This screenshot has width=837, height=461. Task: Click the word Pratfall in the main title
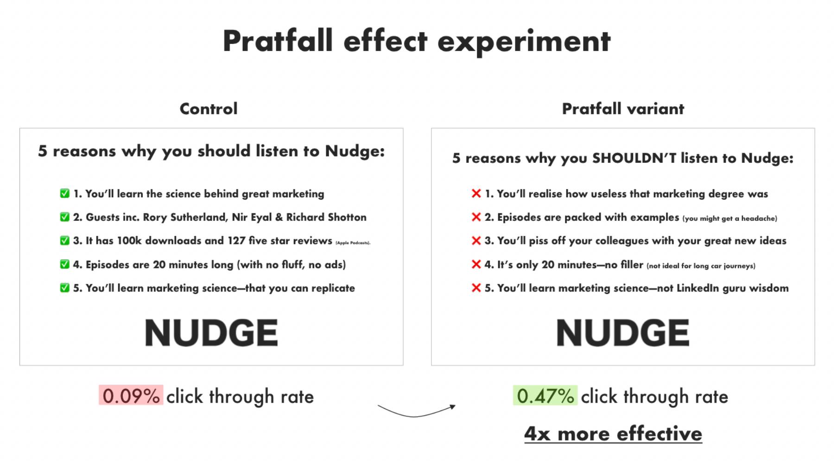pyautogui.click(x=278, y=41)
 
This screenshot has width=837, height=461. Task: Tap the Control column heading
pyautogui.click(x=209, y=109)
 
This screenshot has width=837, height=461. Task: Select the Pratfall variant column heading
pyautogui.click(x=623, y=109)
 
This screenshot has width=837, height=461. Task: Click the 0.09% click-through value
pyautogui.click(x=131, y=396)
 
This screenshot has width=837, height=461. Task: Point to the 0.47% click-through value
pyautogui.click(x=545, y=396)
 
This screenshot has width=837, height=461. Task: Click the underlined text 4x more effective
pyautogui.click(x=613, y=434)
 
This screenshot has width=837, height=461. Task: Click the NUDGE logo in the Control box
pyautogui.click(x=211, y=333)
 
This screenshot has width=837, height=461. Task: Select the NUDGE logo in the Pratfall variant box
pyautogui.click(x=623, y=333)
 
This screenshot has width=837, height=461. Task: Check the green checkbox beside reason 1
pyautogui.click(x=65, y=193)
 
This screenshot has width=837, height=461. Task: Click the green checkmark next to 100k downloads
pyautogui.click(x=65, y=241)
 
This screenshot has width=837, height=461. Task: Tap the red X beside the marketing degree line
pyautogui.click(x=476, y=193)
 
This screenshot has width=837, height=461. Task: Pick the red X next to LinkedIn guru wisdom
pyautogui.click(x=476, y=288)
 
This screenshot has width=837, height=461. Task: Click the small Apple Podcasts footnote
pyautogui.click(x=353, y=243)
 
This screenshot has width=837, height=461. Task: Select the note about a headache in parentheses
pyautogui.click(x=729, y=218)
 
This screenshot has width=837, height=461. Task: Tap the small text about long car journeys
pyautogui.click(x=701, y=266)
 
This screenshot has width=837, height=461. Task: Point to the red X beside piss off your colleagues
pyautogui.click(x=476, y=241)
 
